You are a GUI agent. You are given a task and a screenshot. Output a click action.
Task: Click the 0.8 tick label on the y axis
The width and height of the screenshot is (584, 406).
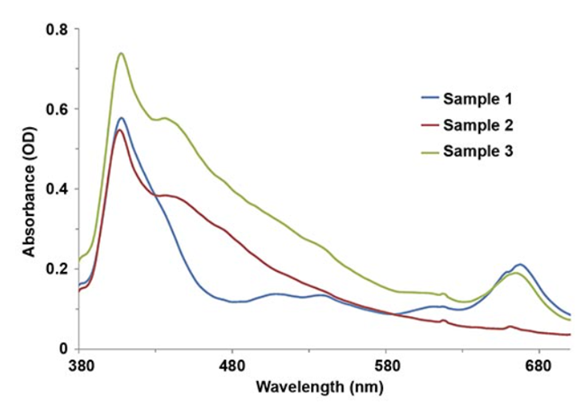click(x=57, y=30)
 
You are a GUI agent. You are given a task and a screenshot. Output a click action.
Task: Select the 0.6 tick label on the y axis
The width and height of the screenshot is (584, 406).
click(x=57, y=109)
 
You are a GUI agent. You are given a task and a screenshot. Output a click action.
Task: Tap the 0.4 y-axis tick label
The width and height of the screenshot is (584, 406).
click(x=57, y=189)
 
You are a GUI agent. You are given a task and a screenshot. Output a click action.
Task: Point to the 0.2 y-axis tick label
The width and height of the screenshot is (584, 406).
click(x=57, y=269)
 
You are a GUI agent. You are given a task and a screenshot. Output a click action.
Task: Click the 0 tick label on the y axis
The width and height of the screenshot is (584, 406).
click(x=63, y=348)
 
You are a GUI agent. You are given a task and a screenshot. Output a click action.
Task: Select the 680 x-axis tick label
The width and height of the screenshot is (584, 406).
click(x=539, y=367)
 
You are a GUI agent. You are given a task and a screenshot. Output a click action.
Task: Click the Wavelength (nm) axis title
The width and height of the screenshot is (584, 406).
click(x=319, y=389)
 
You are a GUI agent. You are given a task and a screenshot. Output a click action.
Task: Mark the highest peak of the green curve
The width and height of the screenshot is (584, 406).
click(x=121, y=53)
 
